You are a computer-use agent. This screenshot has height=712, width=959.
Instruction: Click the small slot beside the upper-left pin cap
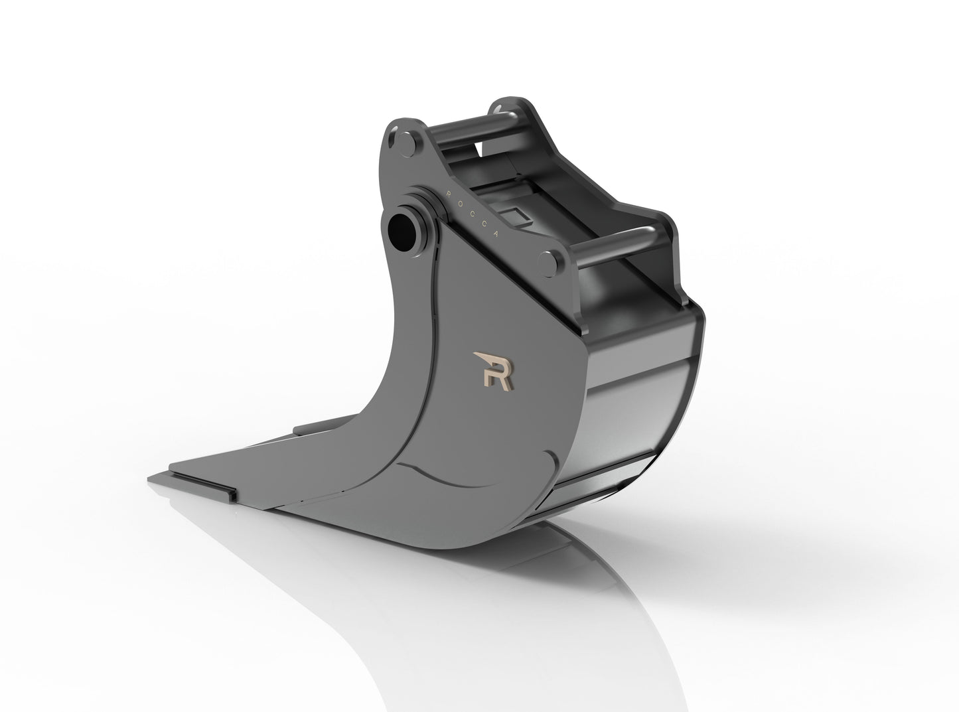[x=393, y=137]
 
